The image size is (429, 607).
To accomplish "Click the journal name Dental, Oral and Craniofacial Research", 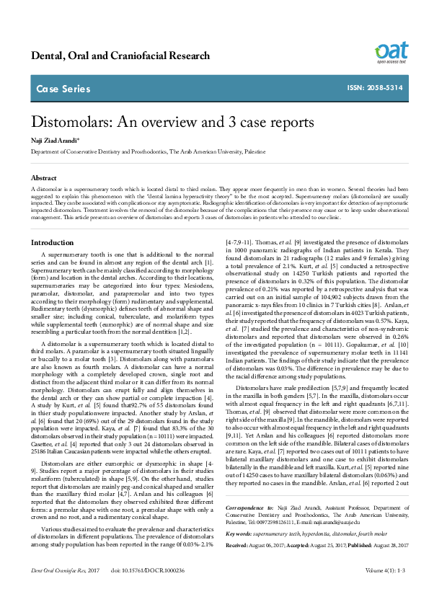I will click(120, 56).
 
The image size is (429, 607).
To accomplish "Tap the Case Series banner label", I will click(63, 89).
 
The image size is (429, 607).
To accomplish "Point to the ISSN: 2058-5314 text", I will click(373, 89).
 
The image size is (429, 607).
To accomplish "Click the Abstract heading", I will click(44, 177).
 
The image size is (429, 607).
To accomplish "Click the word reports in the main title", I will click(289, 123).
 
